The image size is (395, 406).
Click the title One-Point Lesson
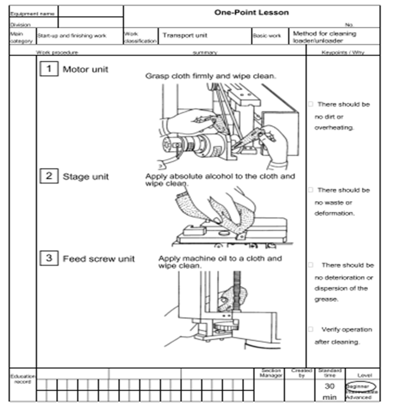[x=251, y=12]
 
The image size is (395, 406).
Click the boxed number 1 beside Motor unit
[x=49, y=69]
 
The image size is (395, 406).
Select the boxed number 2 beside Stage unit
[x=49, y=176]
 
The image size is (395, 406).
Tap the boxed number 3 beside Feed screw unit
[x=49, y=258]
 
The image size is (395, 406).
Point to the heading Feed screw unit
[x=99, y=258]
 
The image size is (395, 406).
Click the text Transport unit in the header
[x=185, y=36]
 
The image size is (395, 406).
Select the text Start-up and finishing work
[x=72, y=36]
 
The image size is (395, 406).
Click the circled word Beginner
[x=360, y=386]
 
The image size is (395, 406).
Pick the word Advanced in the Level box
[x=358, y=398]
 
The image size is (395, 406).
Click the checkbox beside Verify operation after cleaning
[x=310, y=329]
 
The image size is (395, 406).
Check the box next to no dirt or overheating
[x=310, y=104]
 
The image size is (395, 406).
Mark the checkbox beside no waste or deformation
[x=310, y=190]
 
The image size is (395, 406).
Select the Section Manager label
[x=271, y=373]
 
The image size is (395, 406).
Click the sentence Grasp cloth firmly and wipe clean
[x=211, y=76]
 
